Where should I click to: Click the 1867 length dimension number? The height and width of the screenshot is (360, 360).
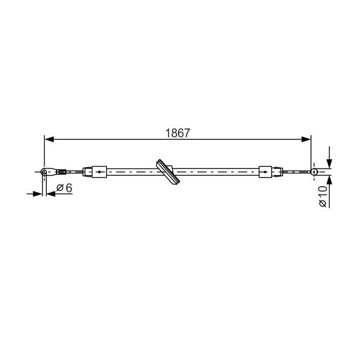(x=178, y=133)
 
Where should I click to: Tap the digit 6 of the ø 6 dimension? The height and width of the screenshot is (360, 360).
(x=69, y=188)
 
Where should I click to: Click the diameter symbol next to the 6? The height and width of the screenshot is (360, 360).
(x=60, y=188)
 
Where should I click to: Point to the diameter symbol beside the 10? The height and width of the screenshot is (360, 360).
(x=322, y=203)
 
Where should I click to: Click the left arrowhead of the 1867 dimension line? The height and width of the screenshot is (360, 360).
(x=49, y=139)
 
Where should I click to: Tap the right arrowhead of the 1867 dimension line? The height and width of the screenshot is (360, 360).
(x=306, y=139)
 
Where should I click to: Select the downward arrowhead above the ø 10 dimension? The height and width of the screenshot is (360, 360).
(x=329, y=164)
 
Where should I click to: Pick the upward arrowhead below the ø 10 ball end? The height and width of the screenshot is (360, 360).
(x=329, y=180)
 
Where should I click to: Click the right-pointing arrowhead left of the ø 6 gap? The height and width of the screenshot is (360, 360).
(x=38, y=194)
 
